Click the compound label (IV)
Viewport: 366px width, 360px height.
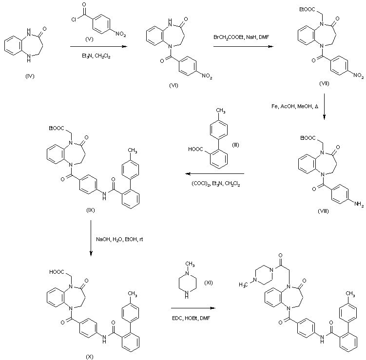click(x=30, y=76)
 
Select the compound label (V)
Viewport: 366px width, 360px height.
click(x=89, y=39)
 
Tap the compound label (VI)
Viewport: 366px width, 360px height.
click(x=173, y=85)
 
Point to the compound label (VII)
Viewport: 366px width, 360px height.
click(x=324, y=83)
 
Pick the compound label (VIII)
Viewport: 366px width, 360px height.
click(x=323, y=211)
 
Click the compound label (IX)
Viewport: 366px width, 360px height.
click(x=91, y=210)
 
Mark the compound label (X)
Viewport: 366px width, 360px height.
click(x=90, y=357)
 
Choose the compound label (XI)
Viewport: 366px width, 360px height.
click(x=209, y=283)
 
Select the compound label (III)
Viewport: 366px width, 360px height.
click(x=235, y=145)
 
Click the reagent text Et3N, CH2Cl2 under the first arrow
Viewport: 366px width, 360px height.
click(x=96, y=56)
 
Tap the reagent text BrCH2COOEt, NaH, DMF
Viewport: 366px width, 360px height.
click(x=241, y=37)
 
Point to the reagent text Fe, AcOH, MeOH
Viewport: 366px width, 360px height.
click(x=295, y=106)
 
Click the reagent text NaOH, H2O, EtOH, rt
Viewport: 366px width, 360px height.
click(x=119, y=239)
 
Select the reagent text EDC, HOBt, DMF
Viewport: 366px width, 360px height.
click(x=191, y=318)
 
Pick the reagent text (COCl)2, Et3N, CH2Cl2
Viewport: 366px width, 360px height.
click(x=216, y=184)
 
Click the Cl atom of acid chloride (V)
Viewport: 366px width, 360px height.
click(x=74, y=19)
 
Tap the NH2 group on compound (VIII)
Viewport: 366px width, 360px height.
click(x=359, y=204)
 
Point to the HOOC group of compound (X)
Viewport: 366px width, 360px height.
click(x=57, y=272)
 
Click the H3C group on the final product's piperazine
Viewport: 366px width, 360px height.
click(x=244, y=285)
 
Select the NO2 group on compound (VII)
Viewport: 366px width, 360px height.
click(x=358, y=76)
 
